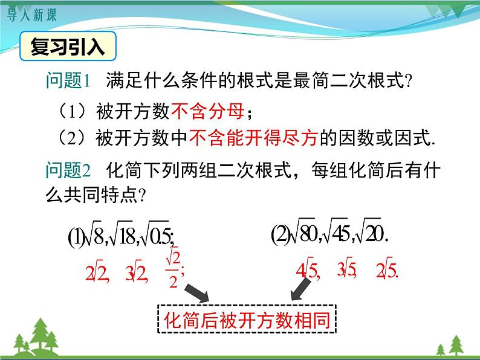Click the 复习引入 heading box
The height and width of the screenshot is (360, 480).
tap(68, 47)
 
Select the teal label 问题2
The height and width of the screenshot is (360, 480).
tap(67, 171)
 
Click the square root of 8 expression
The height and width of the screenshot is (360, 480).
tap(94, 236)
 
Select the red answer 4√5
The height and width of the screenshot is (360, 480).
tap(306, 270)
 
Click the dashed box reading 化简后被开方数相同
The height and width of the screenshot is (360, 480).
tap(247, 321)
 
